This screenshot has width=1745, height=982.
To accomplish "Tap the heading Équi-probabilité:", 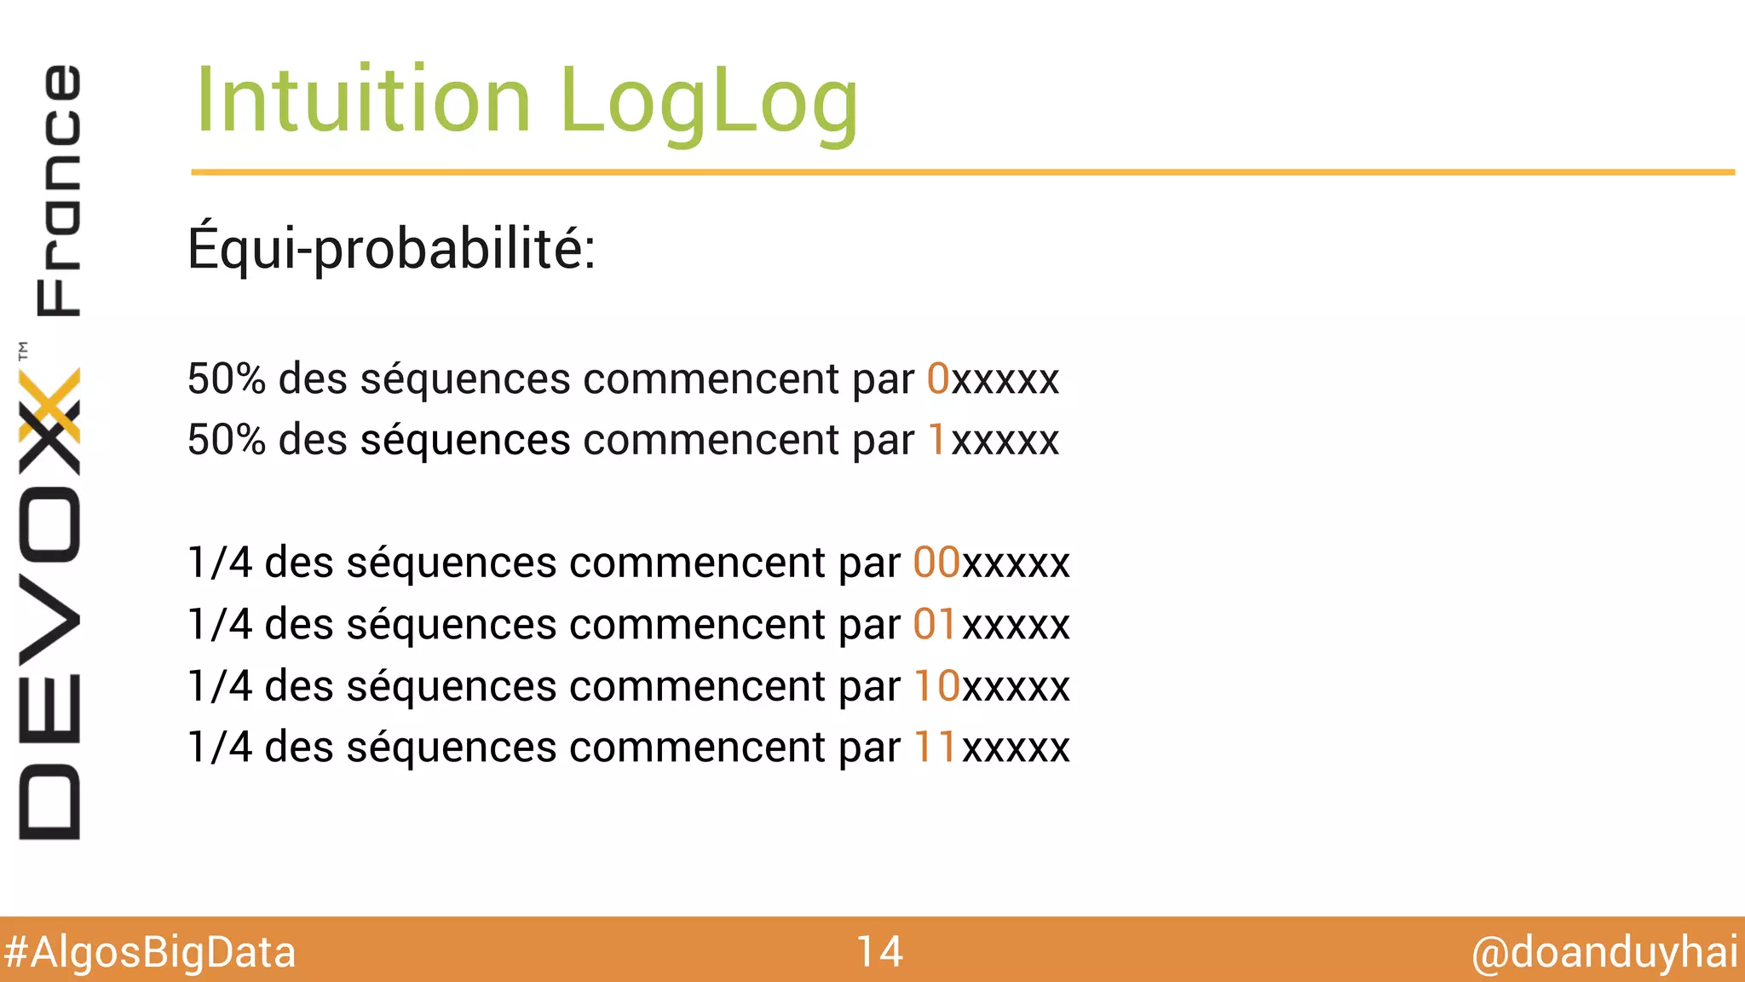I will pos(391,248).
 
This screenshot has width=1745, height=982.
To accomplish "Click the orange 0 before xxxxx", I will pos(938,378).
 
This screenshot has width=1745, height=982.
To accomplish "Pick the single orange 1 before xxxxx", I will pos(937,440).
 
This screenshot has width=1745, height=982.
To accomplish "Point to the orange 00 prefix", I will pos(936,563).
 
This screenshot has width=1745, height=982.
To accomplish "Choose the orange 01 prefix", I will pos(936,624).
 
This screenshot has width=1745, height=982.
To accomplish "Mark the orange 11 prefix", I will pos(936,747).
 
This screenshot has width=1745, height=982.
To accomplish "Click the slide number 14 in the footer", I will pos(879,951).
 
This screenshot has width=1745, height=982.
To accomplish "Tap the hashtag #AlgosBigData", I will pos(150,952).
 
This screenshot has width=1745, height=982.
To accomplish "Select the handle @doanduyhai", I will pos(1604,952).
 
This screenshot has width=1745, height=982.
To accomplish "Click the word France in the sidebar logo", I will pos(58,190).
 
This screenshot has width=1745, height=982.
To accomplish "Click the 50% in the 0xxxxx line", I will pos(227,378).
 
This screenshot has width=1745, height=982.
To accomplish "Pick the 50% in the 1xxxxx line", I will pos(227,440).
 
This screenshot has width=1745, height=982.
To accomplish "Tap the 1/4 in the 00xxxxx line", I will pos(220,563).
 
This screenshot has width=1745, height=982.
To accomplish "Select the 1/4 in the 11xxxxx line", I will pos(220,747).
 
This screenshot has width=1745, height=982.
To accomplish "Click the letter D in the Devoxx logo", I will pos(49,801).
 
